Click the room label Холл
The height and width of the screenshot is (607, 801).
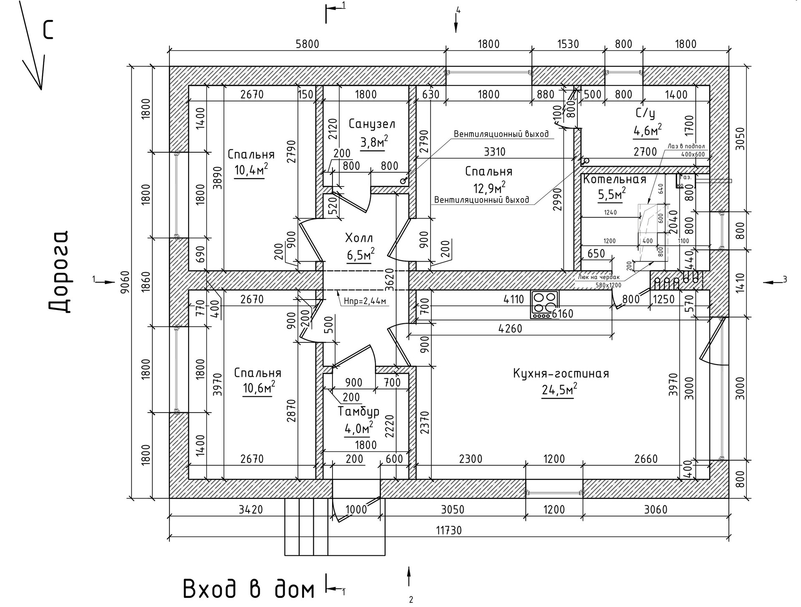(x=359, y=238)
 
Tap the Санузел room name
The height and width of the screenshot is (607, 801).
(x=372, y=124)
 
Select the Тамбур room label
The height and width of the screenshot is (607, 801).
(x=358, y=412)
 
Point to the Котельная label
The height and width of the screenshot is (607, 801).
(x=615, y=180)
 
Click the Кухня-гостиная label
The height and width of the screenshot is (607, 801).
(x=561, y=373)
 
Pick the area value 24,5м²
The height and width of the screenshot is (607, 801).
(x=559, y=390)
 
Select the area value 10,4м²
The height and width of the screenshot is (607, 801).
(x=251, y=170)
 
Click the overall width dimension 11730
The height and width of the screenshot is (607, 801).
(x=449, y=530)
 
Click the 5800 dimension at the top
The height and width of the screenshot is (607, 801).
(x=307, y=44)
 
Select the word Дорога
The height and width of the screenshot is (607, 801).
(x=58, y=271)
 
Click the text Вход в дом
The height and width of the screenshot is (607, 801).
(x=249, y=589)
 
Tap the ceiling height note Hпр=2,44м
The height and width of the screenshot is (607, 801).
(x=365, y=301)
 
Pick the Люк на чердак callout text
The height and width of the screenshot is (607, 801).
(x=599, y=277)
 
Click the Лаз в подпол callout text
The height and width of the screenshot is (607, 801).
(x=686, y=146)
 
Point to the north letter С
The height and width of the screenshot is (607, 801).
(x=48, y=30)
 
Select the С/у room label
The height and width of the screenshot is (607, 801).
(x=645, y=113)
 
